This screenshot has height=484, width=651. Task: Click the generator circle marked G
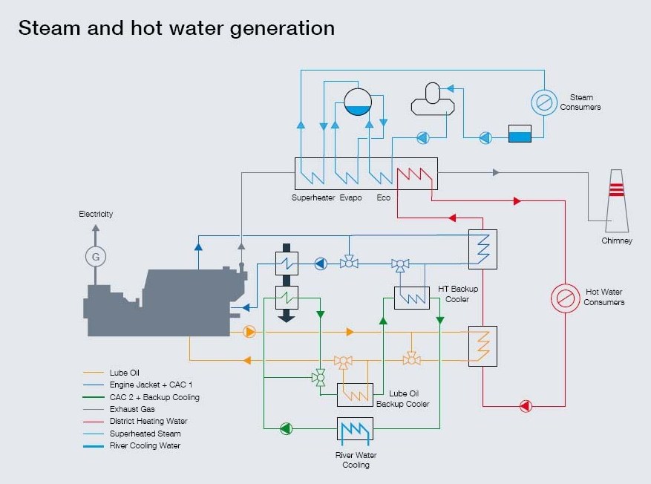point(96,257)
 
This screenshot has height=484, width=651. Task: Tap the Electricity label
point(96,214)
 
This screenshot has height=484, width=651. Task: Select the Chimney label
point(617,241)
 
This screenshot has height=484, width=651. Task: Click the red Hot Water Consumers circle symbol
point(565,298)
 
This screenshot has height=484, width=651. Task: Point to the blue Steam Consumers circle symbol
point(544,102)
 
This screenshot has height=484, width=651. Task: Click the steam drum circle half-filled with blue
point(358,102)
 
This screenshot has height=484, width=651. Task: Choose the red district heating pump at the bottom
point(526,406)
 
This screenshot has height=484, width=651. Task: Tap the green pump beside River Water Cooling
point(286,428)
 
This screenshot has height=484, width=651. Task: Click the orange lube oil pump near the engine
point(249,332)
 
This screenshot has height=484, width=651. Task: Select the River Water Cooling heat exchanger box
point(355,429)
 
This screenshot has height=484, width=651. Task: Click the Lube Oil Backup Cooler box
point(355,395)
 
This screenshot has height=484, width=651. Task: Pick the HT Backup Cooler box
point(412,298)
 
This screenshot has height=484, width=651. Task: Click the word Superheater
point(313,197)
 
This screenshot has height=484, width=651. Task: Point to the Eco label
point(384,197)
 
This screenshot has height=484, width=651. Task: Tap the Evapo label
point(351,198)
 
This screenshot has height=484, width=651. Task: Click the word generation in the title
point(282,29)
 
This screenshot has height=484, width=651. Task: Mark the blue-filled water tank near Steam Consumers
point(520,134)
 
